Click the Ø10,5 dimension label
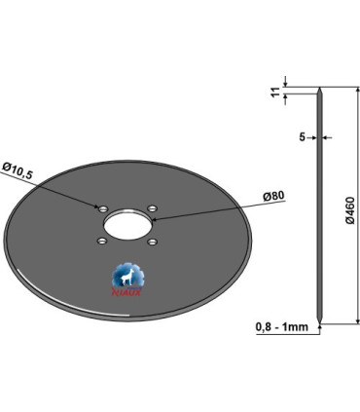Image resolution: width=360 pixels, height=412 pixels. pyautogui.click(x=18, y=170)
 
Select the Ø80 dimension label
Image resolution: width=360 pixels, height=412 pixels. pyautogui.click(x=273, y=196)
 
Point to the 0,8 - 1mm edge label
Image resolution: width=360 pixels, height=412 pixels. pyautogui.click(x=282, y=326)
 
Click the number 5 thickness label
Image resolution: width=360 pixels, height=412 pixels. pyautogui.click(x=302, y=137)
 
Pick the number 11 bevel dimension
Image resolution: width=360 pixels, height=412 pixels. pyautogui.click(x=276, y=92)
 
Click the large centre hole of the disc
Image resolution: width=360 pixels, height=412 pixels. pyautogui.click(x=127, y=225)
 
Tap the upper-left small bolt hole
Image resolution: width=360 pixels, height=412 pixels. pyautogui.click(x=103, y=208)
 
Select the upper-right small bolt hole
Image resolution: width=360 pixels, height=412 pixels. pyautogui.click(x=152, y=207)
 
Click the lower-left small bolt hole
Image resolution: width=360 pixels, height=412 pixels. pyautogui.click(x=102, y=242)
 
